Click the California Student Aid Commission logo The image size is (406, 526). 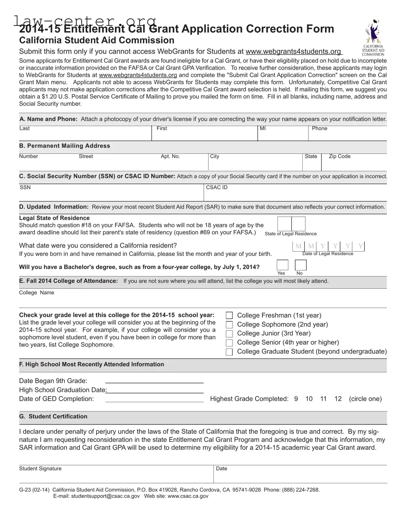(373, 37)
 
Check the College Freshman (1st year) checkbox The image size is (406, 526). (229, 315)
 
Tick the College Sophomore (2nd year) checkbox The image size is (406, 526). (229, 325)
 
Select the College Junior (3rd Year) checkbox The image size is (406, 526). (229, 333)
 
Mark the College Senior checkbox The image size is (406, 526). (229, 343)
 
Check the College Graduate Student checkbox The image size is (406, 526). (229, 352)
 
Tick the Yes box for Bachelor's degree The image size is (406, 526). (282, 265)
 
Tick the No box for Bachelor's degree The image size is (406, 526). (300, 265)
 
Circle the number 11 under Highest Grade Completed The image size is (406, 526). (323, 399)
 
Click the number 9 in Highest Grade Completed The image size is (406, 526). (296, 399)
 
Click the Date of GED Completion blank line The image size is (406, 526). (154, 399)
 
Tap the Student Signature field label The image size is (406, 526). (40, 469)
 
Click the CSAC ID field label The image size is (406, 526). (216, 187)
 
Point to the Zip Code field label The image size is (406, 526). (339, 156)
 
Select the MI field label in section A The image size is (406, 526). (262, 128)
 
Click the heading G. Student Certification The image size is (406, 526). (53, 416)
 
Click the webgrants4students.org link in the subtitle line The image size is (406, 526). (293, 52)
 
